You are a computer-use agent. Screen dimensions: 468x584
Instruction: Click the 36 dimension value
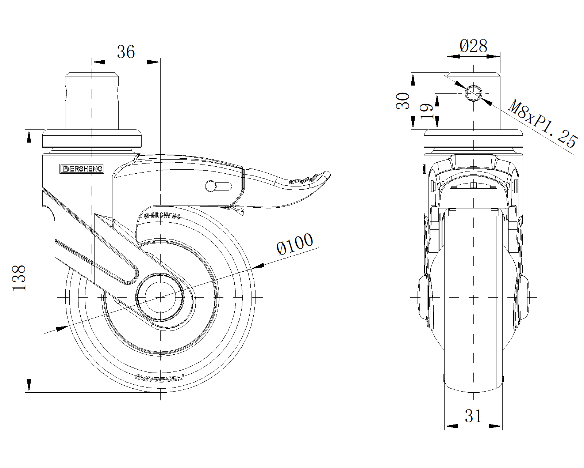(x=126, y=52)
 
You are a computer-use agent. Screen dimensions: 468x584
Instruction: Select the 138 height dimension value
(x=19, y=278)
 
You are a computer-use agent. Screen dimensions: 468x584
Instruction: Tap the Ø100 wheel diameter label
(x=295, y=244)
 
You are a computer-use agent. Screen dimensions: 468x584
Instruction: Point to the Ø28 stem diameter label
(x=473, y=46)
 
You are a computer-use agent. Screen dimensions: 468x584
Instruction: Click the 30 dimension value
(x=403, y=101)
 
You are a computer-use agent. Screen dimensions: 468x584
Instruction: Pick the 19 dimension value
(x=427, y=111)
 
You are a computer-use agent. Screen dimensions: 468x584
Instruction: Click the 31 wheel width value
(x=473, y=416)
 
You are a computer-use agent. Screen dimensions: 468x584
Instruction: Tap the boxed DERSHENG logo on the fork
(x=82, y=169)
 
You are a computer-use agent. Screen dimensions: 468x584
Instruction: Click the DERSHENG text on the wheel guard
(x=162, y=215)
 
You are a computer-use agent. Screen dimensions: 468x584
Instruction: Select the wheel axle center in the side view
(x=160, y=297)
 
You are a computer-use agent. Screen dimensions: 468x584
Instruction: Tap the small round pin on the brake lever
(x=211, y=186)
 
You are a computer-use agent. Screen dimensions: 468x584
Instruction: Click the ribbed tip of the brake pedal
(x=310, y=179)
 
